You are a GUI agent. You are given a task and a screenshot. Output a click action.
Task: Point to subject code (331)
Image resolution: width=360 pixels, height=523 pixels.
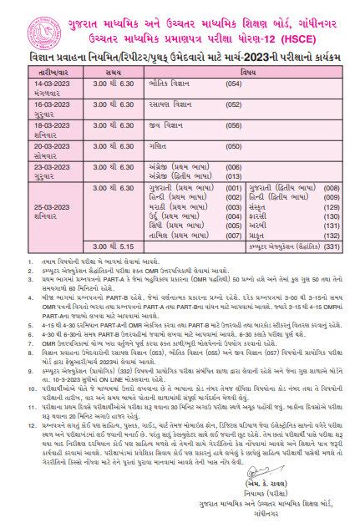(x=332, y=247)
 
